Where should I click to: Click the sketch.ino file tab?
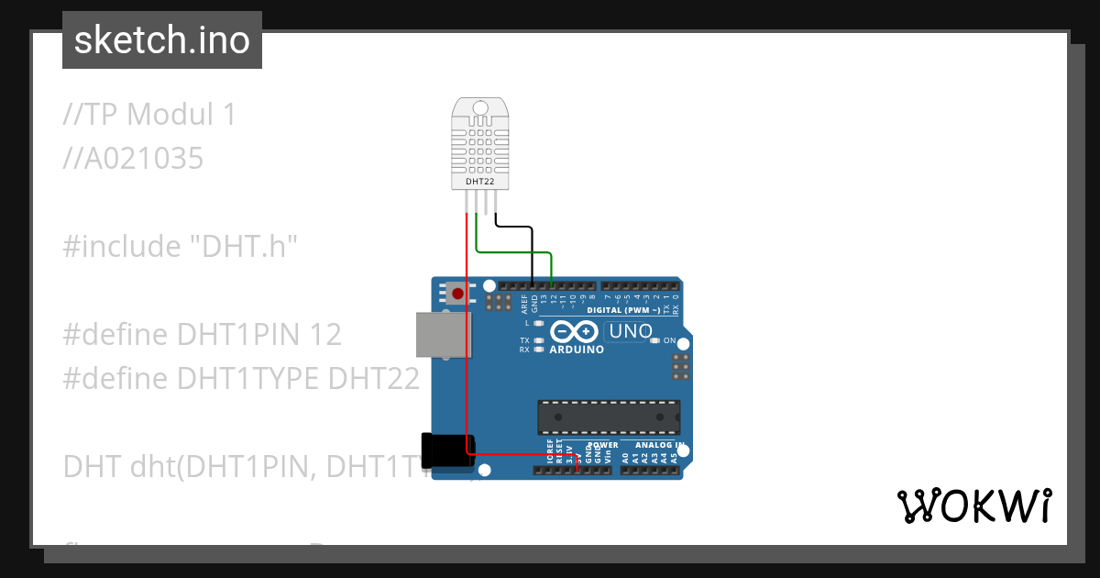point(162,40)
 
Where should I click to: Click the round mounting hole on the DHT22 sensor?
point(479,107)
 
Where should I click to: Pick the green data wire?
point(513,250)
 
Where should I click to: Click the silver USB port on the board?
point(444,334)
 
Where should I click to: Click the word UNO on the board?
point(631,331)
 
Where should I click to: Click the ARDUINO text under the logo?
point(577,350)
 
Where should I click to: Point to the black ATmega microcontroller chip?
point(609,417)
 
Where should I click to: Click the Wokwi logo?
point(973,506)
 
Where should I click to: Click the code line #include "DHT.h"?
point(181,246)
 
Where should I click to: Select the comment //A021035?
point(133,159)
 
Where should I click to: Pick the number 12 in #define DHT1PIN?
point(324,334)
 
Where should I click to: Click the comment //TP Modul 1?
point(149,115)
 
